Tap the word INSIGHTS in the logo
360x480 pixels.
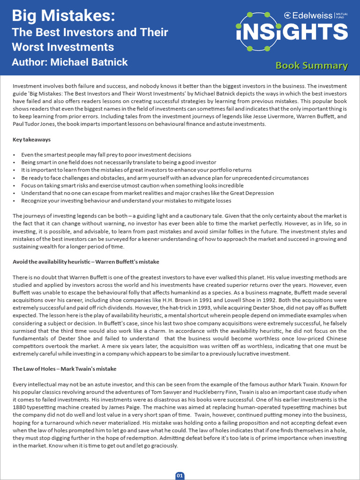point(292,32)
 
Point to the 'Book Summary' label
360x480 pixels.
point(311,66)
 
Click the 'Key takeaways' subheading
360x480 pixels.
point(31,140)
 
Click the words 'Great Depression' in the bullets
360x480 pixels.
point(251,193)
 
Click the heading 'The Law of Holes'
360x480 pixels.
point(64,369)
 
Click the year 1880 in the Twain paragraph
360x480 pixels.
point(20,407)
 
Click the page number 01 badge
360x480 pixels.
point(180,475)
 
